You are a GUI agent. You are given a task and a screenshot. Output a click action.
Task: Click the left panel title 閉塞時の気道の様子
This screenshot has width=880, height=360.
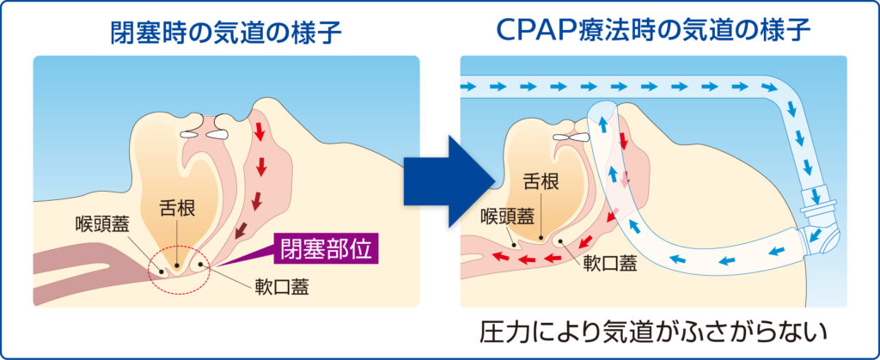[226, 33]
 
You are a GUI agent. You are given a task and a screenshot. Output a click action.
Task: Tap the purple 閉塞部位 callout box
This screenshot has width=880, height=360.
[327, 250]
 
